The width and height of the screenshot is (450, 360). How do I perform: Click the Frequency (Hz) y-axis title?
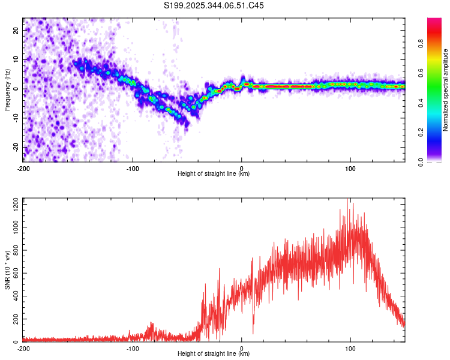point(7,89)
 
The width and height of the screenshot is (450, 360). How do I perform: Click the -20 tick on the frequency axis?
point(15,147)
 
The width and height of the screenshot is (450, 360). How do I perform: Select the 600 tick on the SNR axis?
point(14,274)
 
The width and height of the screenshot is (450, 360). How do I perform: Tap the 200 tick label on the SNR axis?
point(14,319)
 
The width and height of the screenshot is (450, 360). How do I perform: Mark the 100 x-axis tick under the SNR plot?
point(350,348)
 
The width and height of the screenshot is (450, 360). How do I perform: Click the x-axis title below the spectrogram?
point(214,174)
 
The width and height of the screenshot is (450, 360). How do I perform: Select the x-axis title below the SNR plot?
point(214,354)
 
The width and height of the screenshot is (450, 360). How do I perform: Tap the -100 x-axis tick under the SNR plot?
point(132,348)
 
